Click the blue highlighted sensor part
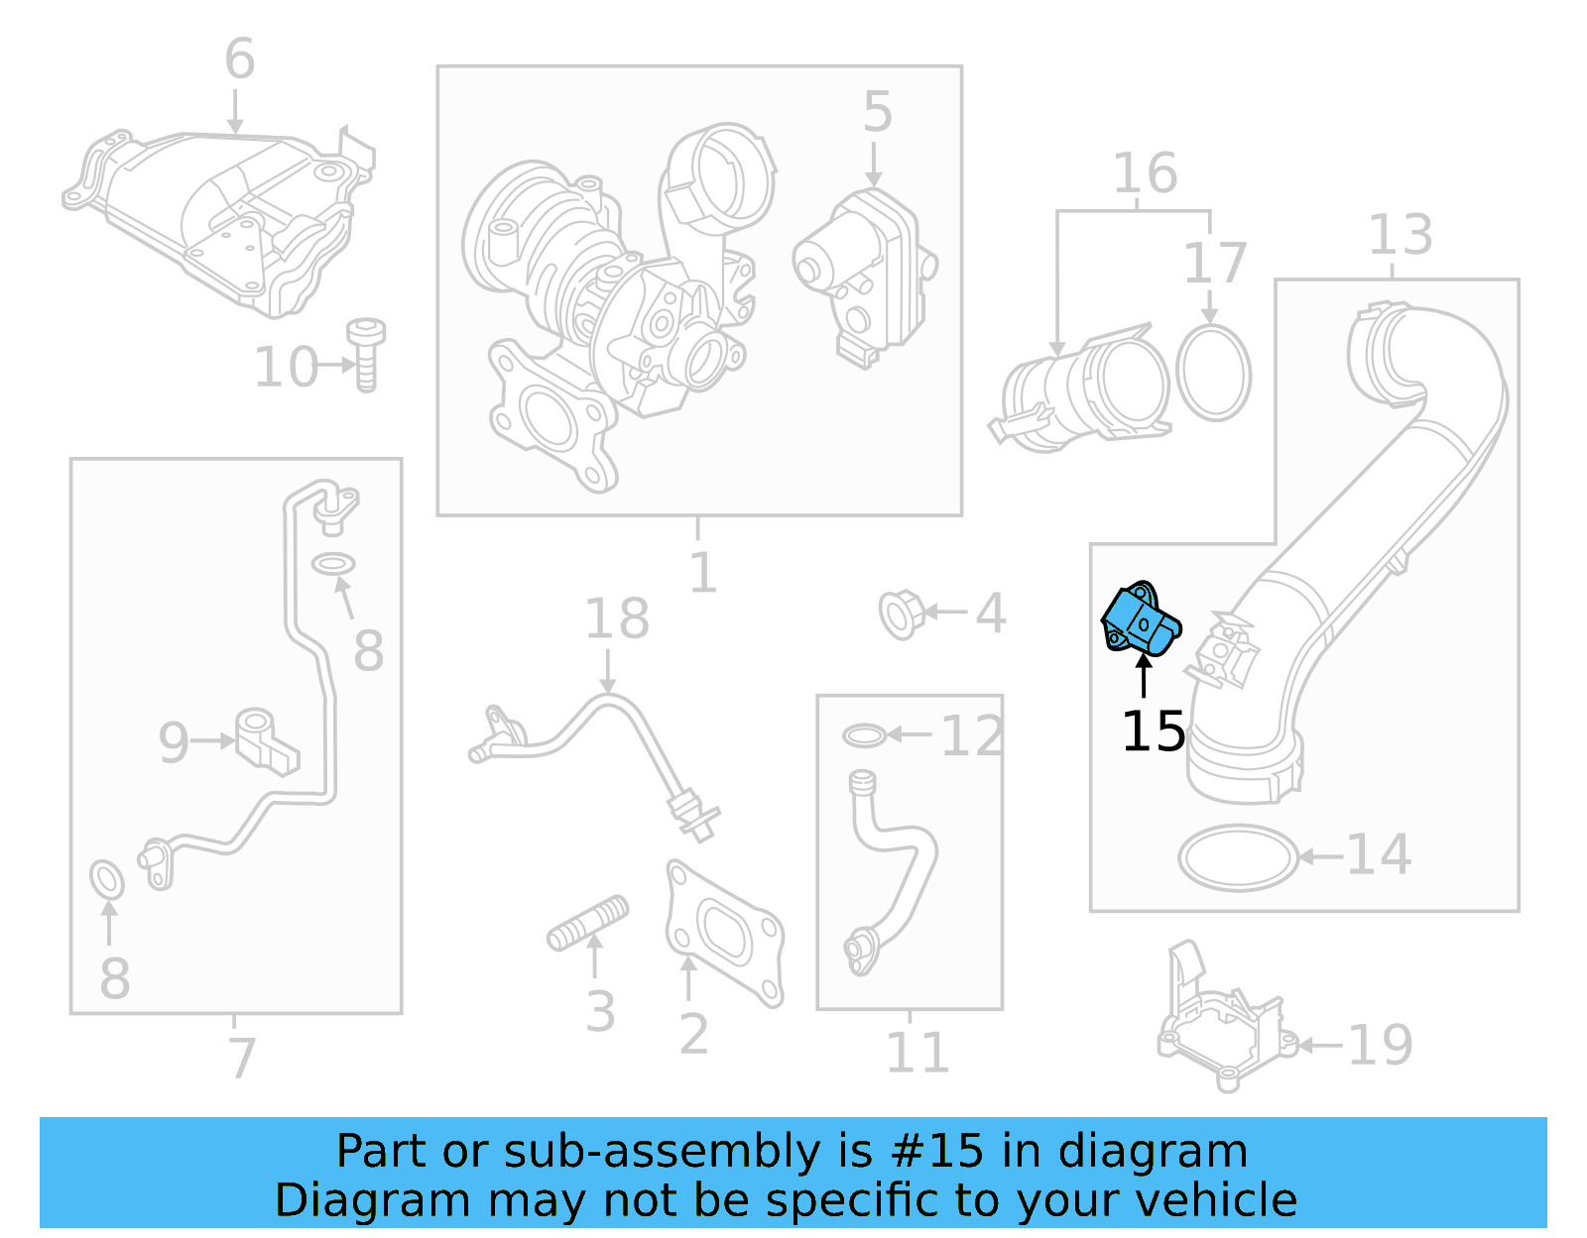tap(1141, 620)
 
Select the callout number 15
tap(1153, 732)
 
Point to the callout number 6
tap(239, 58)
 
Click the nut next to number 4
tap(900, 615)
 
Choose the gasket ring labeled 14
tap(1238, 857)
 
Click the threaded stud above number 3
tap(587, 924)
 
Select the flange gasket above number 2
tap(724, 931)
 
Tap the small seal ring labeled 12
tap(864, 735)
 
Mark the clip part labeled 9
tap(265, 738)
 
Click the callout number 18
tap(616, 619)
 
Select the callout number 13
tap(1400, 235)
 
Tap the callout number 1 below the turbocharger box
tap(702, 573)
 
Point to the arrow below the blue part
tap(1144, 679)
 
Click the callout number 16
tap(1145, 173)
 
